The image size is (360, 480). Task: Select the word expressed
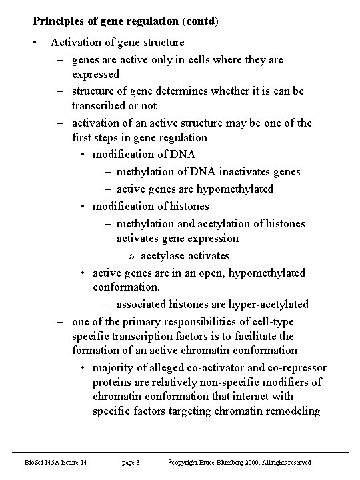96,74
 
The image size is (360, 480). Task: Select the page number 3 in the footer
137,462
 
